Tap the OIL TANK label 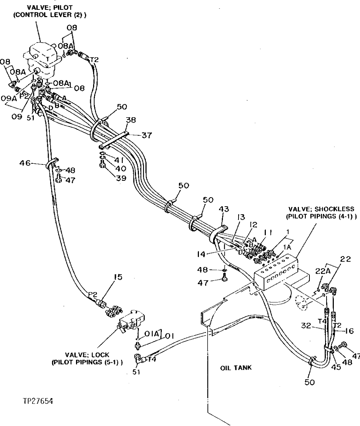(236, 368)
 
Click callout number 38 (131, 120)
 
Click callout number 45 (336, 367)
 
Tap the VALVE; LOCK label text (87, 355)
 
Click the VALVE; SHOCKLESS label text (321, 209)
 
